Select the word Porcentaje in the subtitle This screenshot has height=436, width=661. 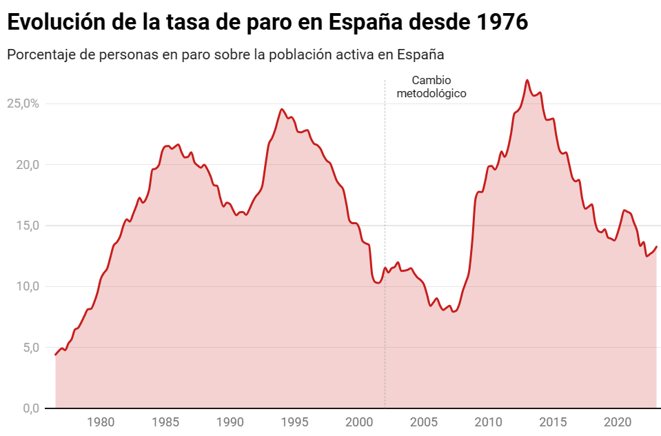[x=40, y=54]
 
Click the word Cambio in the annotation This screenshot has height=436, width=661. [x=431, y=80]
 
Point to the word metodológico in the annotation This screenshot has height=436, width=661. [x=431, y=92]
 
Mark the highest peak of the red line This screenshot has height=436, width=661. [x=527, y=80]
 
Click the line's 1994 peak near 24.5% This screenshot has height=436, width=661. [x=282, y=109]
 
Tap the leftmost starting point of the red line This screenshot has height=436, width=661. [x=56, y=355]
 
